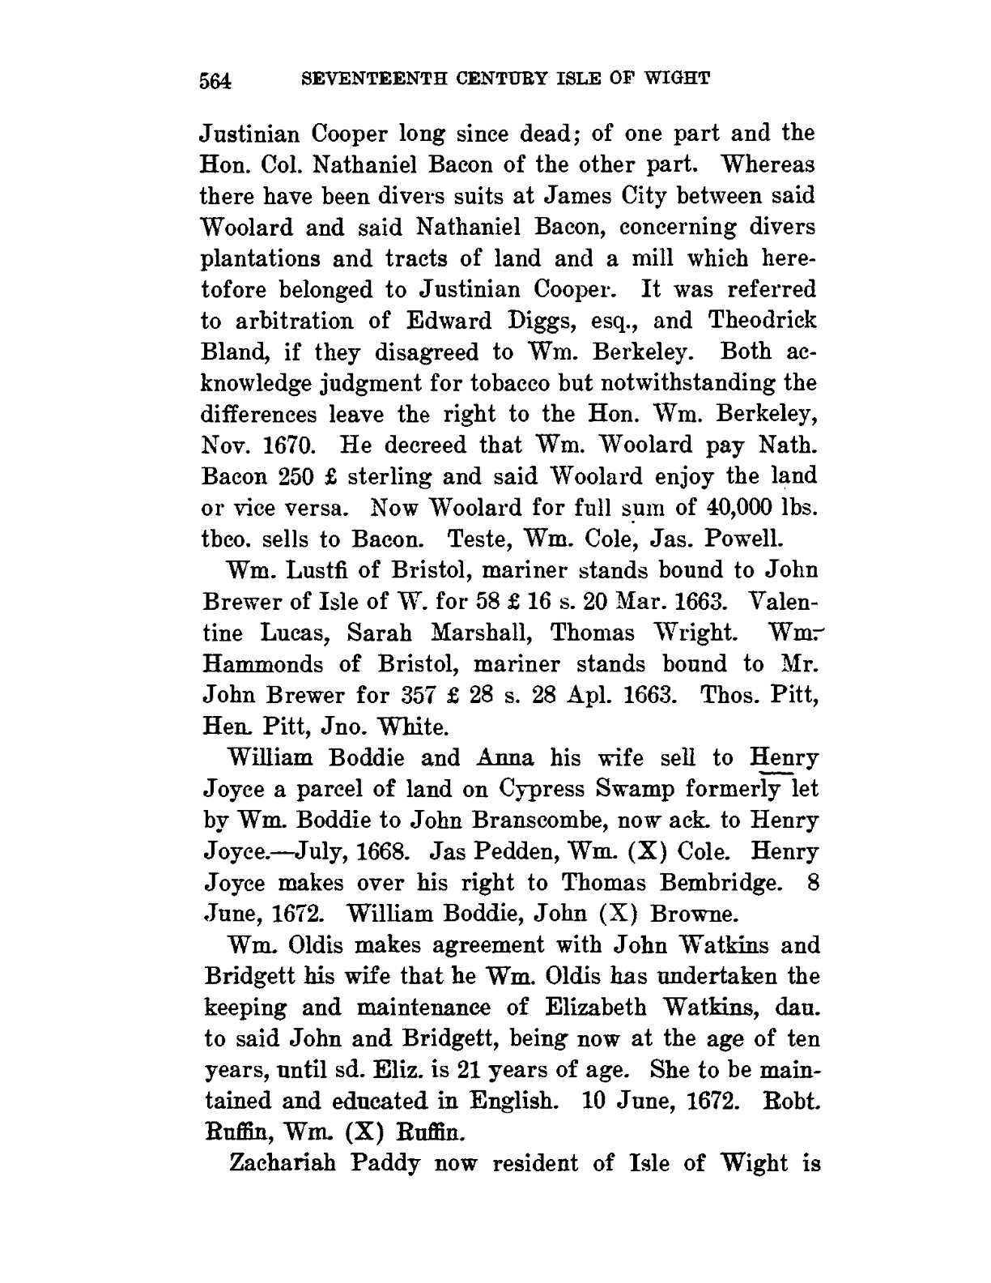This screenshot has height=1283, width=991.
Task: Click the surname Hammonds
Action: (261, 664)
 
